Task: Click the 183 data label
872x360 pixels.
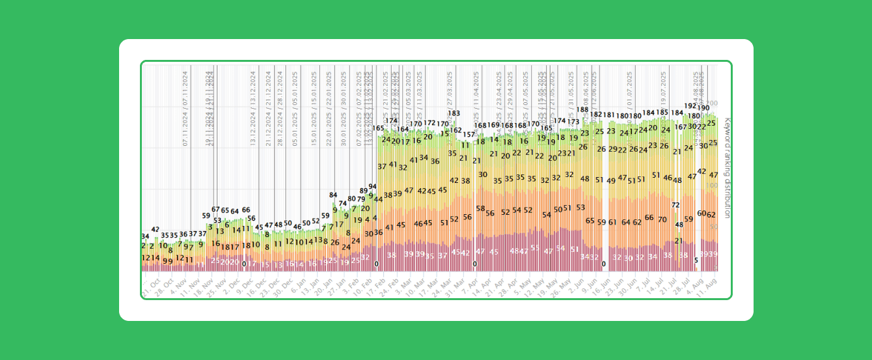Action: [454, 113]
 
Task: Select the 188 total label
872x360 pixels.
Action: [582, 110]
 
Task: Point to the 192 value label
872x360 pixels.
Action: [690, 106]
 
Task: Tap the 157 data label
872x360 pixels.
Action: [469, 134]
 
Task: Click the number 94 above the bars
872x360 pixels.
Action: [373, 187]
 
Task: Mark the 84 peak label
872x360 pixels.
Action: [333, 195]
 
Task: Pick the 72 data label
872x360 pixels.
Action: [676, 205]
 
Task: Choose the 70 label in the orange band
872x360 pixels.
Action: [662, 219]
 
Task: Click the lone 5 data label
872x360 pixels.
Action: [696, 260]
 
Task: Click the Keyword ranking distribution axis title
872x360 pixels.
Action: [727, 168]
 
